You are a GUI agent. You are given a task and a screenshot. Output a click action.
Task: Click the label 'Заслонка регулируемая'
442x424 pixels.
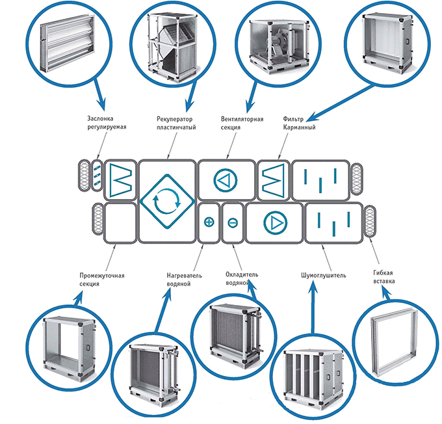tap(106, 123)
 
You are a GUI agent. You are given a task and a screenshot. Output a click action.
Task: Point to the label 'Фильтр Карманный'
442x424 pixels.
tap(300, 123)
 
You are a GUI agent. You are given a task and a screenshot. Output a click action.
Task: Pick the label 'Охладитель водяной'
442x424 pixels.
tap(242, 279)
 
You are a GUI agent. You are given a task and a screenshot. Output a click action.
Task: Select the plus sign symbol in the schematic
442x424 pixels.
tap(209, 222)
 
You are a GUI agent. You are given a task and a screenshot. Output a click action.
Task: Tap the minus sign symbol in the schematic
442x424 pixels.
tap(233, 222)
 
